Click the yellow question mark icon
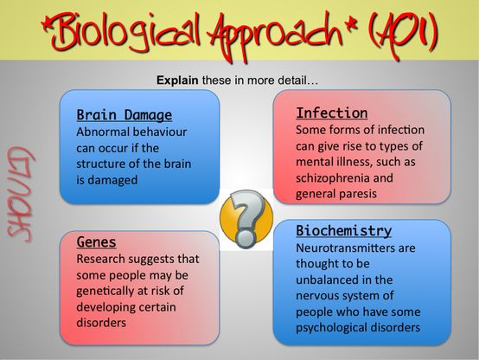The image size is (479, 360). click(246, 218)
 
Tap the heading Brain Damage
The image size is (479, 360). click(124, 115)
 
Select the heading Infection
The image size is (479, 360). click(332, 112)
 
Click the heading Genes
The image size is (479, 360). click(96, 241)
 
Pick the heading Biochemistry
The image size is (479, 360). click(343, 230)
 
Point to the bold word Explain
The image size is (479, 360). click(177, 80)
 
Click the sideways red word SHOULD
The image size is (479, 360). click(20, 195)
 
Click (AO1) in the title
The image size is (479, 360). click(403, 33)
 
